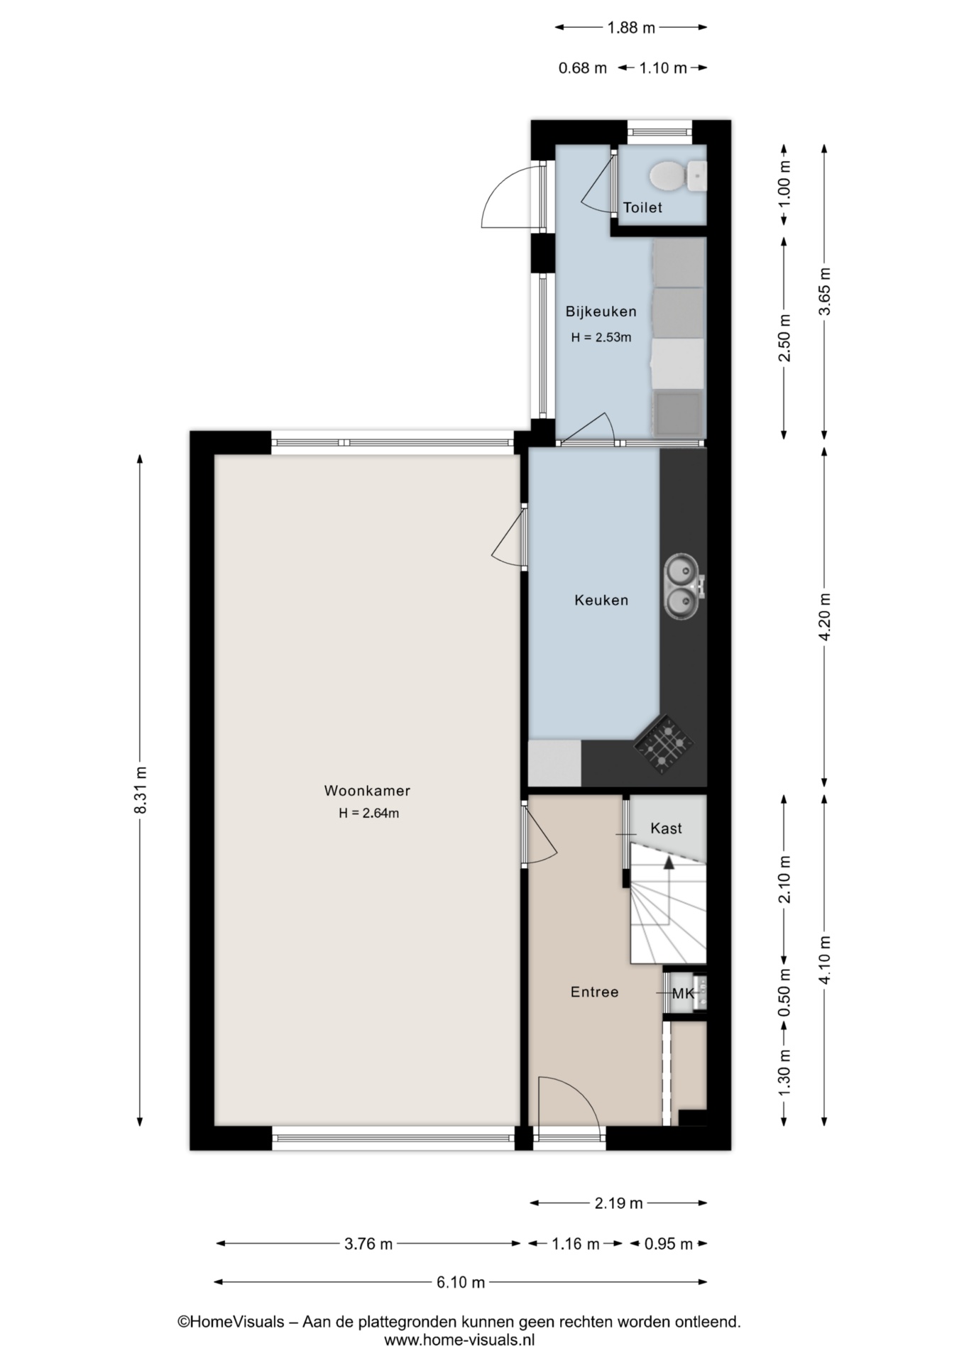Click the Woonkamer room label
(x=367, y=790)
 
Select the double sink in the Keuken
(x=682, y=586)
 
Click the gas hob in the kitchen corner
(x=664, y=744)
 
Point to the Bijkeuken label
(x=601, y=311)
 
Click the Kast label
(x=666, y=828)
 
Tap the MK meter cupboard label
(x=683, y=993)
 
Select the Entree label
(x=594, y=992)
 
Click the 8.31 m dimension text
(x=141, y=790)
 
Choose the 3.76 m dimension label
(x=368, y=1243)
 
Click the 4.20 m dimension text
(x=824, y=616)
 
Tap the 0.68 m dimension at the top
(x=583, y=68)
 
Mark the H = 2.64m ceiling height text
(x=368, y=814)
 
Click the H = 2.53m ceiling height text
(x=601, y=337)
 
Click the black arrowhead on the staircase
(x=668, y=862)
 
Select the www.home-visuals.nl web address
(x=459, y=1340)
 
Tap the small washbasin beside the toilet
(x=697, y=175)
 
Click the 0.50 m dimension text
(x=784, y=992)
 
